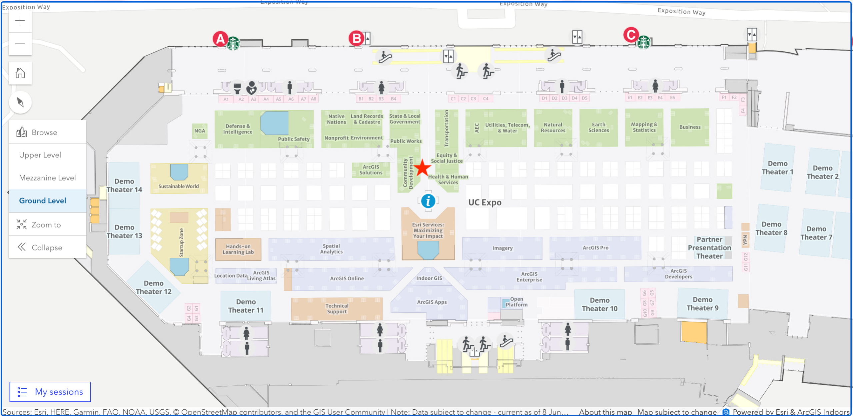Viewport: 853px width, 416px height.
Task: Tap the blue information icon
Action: coord(428,201)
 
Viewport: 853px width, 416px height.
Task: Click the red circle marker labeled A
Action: coord(220,39)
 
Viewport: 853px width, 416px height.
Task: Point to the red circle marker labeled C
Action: coord(631,35)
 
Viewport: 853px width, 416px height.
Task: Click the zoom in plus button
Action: coord(20,21)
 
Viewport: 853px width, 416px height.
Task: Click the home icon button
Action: coord(20,73)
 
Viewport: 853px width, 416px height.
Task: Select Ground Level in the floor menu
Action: coord(43,201)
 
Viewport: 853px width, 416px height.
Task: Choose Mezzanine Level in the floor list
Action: coord(47,178)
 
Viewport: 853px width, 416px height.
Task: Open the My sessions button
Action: coord(50,392)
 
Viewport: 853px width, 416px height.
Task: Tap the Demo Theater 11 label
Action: coord(246,306)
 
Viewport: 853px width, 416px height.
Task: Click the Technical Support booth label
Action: coord(337,308)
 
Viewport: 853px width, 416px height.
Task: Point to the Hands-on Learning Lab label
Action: coord(238,249)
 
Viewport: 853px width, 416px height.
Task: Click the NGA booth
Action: coord(200,131)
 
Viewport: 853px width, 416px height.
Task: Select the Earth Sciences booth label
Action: coord(598,127)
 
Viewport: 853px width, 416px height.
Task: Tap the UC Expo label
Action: coord(484,203)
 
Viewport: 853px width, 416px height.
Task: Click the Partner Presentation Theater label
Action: coord(709,247)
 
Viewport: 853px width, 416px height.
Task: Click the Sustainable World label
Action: coord(179,186)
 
